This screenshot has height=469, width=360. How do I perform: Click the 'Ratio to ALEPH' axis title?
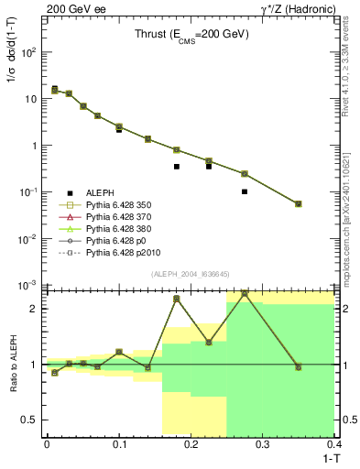click(12, 365)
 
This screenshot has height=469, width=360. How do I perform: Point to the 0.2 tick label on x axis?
click(191, 444)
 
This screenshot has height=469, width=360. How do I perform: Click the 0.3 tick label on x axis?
click(263, 444)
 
